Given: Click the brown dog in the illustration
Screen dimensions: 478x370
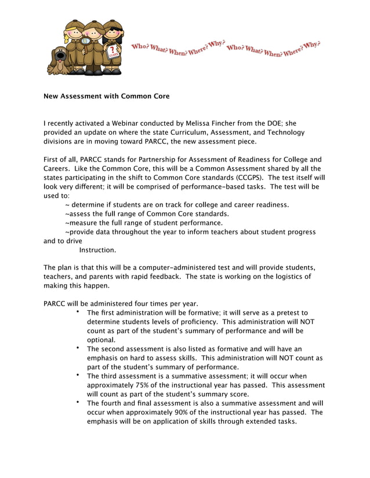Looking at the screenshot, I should [x=58, y=61].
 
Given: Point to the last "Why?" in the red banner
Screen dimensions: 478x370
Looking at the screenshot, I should [x=311, y=44].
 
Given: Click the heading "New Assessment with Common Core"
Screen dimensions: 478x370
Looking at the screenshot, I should [x=107, y=96].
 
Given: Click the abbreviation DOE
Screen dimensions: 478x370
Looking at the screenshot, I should [x=273, y=123].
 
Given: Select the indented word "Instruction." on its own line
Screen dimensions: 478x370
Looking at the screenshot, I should [x=97, y=250].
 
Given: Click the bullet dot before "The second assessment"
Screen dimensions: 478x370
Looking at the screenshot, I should [x=77, y=348].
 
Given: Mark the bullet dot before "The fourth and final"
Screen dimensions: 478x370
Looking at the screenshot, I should [x=77, y=402].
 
